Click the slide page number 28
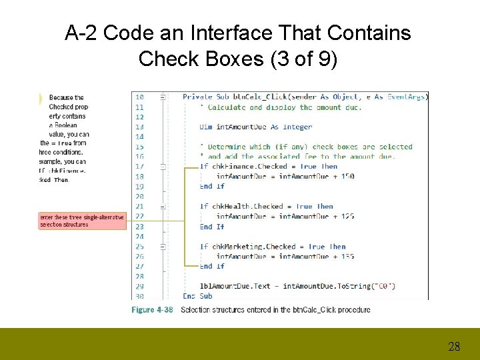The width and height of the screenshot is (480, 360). (x=454, y=346)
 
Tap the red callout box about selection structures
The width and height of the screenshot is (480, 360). (x=82, y=221)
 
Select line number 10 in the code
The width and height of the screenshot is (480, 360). (x=139, y=97)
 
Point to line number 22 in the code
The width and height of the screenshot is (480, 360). (x=139, y=216)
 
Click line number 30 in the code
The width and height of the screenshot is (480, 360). (x=139, y=296)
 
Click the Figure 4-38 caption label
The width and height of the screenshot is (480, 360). (x=153, y=309)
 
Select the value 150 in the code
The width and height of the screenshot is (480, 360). (x=347, y=177)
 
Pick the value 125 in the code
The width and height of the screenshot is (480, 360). (x=347, y=216)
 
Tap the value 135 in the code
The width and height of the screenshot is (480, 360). (x=347, y=256)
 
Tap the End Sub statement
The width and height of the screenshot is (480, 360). (x=197, y=296)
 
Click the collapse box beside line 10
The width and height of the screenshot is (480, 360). (x=163, y=97)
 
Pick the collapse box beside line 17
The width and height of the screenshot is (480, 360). (x=163, y=167)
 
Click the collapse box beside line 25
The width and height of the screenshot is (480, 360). (x=163, y=247)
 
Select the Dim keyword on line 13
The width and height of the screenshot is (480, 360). (x=206, y=127)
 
